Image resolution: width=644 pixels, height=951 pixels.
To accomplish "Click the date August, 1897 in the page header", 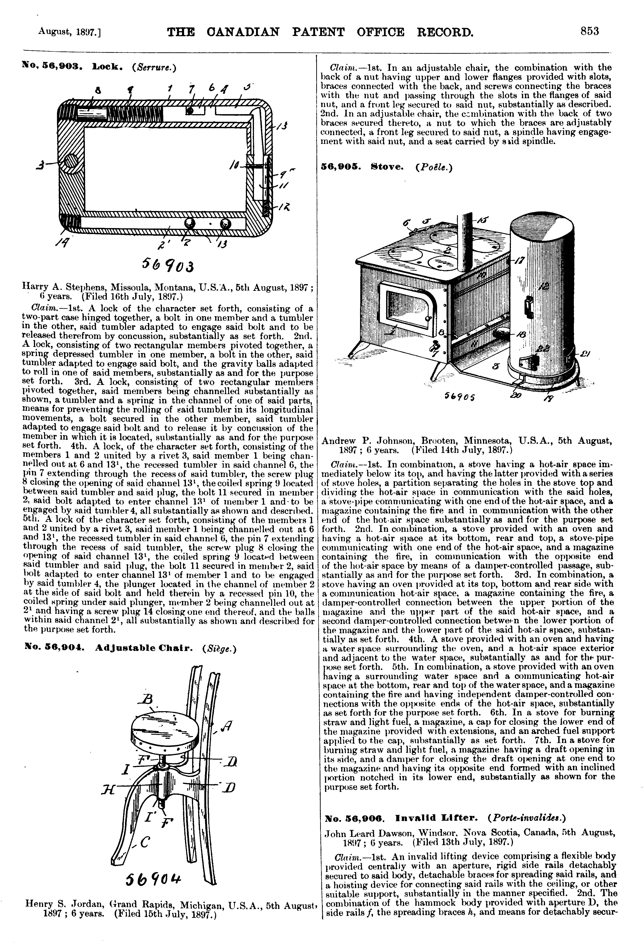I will [70, 32].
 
